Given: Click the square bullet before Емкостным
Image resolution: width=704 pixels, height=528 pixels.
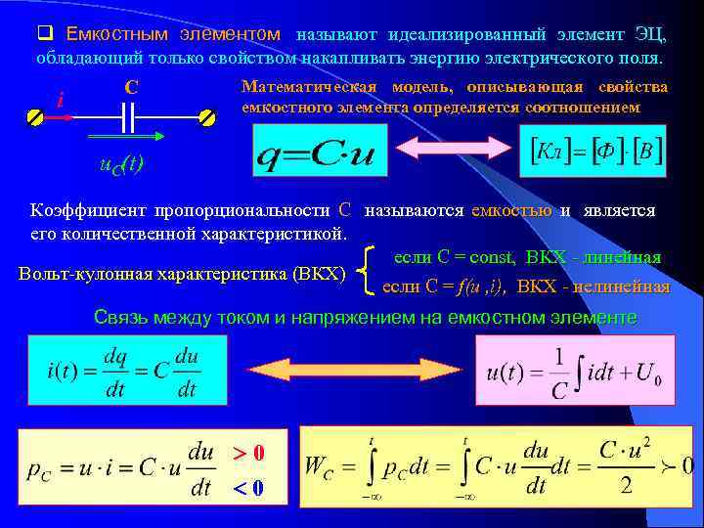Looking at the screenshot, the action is tap(44, 35).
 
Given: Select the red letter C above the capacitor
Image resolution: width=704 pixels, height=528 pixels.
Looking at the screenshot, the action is tap(131, 87).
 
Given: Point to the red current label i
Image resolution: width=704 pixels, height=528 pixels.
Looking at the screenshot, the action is tap(61, 101).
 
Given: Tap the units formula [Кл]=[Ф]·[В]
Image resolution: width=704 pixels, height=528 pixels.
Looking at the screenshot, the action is tap(595, 151).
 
